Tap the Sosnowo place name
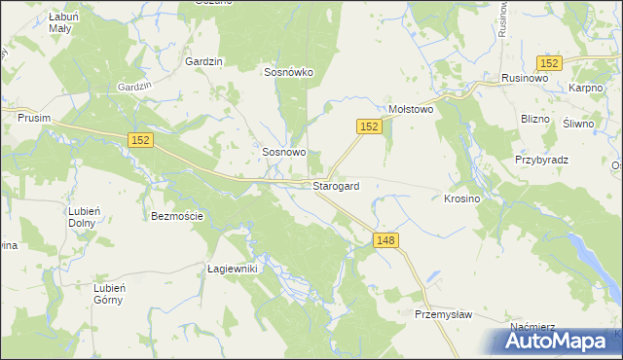[284, 153]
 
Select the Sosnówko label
[287, 71]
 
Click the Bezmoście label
[177, 216]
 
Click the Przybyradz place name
[541, 160]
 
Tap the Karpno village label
[588, 88]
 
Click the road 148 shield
[386, 240]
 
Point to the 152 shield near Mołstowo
[366, 126]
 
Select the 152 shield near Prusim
[140, 141]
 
